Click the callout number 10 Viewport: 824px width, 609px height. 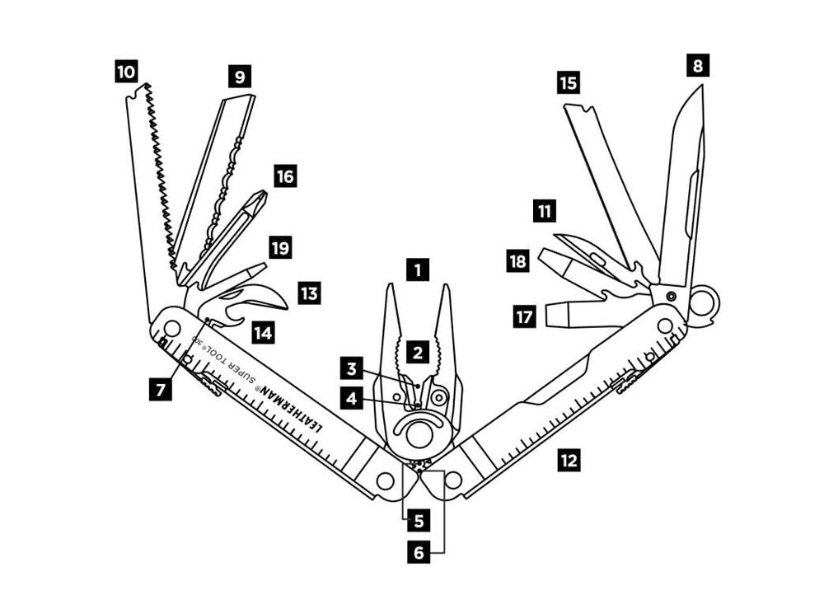tap(126, 73)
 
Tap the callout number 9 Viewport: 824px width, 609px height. tap(239, 77)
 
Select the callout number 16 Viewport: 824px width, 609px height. tap(284, 176)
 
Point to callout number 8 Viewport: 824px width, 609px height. tap(698, 65)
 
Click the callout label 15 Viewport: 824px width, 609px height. tap(568, 82)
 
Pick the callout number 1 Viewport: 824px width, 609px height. tap(419, 269)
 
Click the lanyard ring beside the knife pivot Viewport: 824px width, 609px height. tap(703, 302)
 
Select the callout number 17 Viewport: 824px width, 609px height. tap(526, 316)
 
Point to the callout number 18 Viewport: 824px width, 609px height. tap(517, 262)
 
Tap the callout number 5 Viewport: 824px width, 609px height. tap(419, 521)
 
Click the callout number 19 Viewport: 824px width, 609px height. tap(280, 248)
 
